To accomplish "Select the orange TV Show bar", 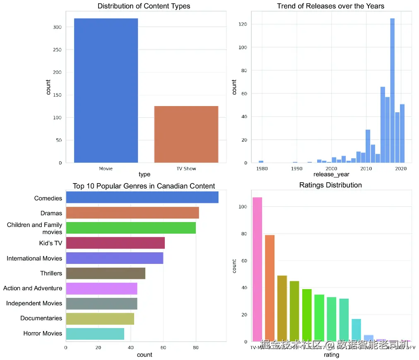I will coord(186,134).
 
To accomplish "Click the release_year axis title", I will coord(331,175).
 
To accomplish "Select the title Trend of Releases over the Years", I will coord(330,6).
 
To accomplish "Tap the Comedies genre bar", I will coord(142,198).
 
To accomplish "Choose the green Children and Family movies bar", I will coord(131,228).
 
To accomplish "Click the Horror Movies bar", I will coord(95,333).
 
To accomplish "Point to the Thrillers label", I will coord(51,273).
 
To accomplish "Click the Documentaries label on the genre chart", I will coord(41,319).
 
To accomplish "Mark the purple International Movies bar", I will coord(114,259).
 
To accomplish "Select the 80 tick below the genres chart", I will coord(195,348).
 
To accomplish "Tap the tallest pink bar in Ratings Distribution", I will coord(257,269).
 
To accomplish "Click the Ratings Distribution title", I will coord(330,185).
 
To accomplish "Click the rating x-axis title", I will coord(331,355).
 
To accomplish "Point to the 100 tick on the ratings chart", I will coord(243,207).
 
